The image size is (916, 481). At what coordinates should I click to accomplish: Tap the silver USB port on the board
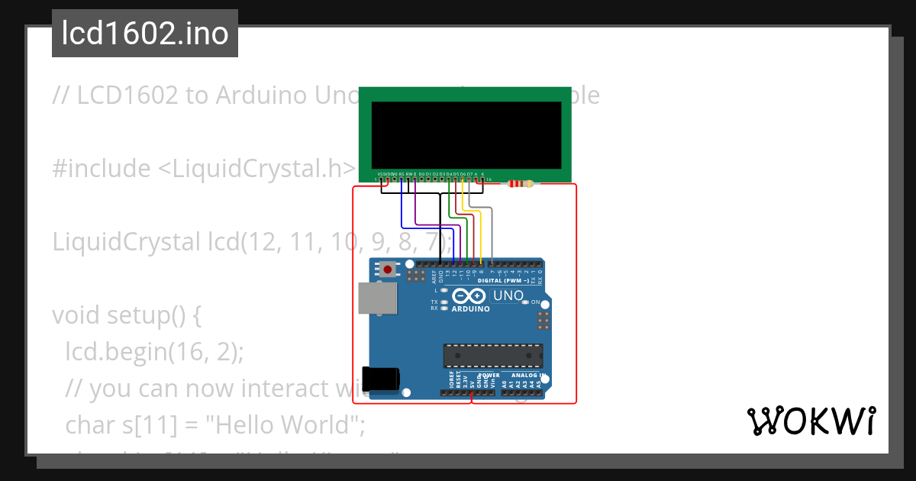pyautogui.click(x=377, y=298)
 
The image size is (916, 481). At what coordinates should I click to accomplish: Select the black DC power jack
pyautogui.click(x=381, y=379)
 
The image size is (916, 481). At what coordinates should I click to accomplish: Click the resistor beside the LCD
pyautogui.click(x=521, y=183)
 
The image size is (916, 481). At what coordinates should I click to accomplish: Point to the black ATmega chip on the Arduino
pyautogui.click(x=493, y=356)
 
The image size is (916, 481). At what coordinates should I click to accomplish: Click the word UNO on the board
pyautogui.click(x=508, y=295)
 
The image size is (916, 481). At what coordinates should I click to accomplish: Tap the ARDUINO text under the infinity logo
pyautogui.click(x=470, y=309)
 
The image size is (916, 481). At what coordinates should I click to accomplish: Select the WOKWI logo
pyautogui.click(x=811, y=421)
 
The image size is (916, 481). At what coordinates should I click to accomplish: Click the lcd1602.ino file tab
pyautogui.click(x=145, y=34)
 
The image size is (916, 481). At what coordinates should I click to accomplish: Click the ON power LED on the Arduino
pyautogui.click(x=524, y=302)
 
